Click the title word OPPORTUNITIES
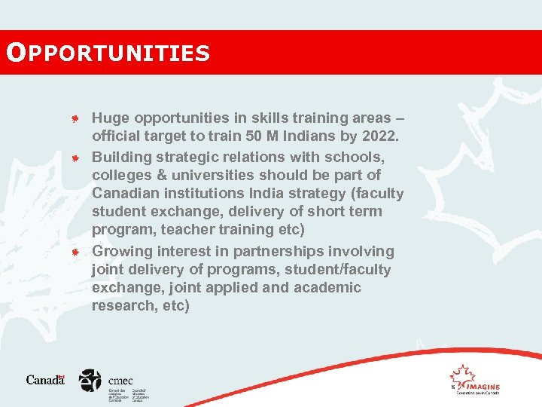click(107, 53)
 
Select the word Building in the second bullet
click(121, 157)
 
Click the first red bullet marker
click(75, 119)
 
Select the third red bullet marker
click(75, 252)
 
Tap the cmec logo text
click(120, 381)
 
